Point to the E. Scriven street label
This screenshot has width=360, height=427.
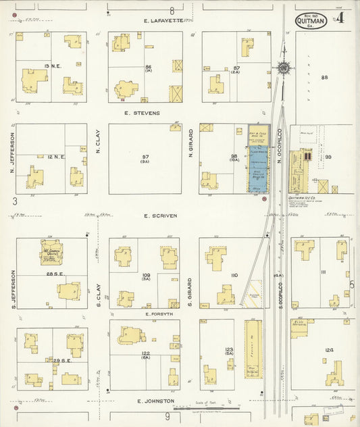tap(160, 216)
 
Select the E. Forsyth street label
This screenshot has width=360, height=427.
tap(159, 314)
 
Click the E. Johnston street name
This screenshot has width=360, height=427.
tap(155, 401)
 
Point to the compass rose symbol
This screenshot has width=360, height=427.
tap(284, 68)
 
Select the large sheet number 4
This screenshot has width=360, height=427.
tap(338, 19)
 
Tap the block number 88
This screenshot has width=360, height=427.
tap(324, 78)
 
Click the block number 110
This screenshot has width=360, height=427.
tap(234, 276)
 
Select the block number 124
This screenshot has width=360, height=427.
tap(329, 349)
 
